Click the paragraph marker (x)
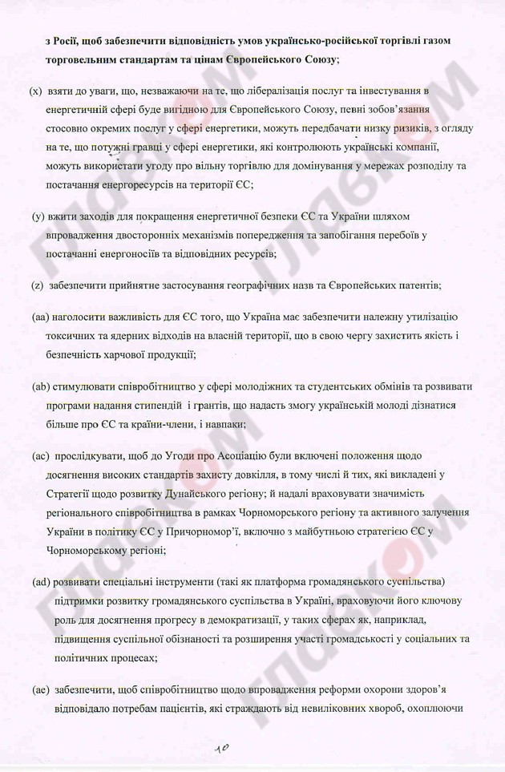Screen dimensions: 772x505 coord(36,92)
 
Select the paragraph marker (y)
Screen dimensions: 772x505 coord(38,216)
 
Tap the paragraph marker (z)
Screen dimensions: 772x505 coord(37,285)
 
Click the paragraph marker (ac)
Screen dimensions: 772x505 coord(41,456)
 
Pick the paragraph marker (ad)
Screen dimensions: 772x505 coord(42,581)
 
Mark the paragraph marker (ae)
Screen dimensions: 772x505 coord(41,688)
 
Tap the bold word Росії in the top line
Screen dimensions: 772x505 coord(68,40)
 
